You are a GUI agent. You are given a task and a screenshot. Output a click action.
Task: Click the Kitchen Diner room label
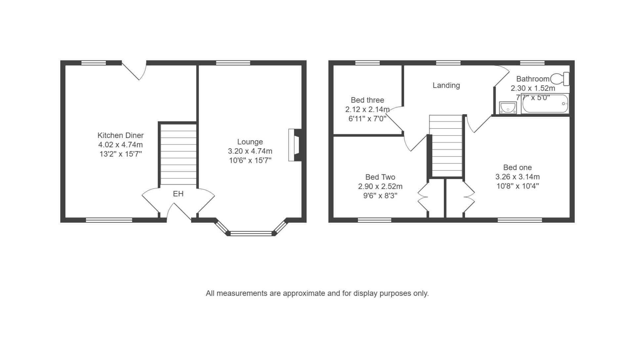[120, 135]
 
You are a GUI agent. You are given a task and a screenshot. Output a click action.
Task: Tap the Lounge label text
[250, 142]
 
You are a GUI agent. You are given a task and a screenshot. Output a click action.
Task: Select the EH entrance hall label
[178, 194]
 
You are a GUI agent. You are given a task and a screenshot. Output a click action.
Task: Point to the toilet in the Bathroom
[560, 79]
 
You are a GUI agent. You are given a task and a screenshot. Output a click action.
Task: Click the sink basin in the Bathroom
[508, 108]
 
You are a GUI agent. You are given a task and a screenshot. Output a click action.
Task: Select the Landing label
[446, 85]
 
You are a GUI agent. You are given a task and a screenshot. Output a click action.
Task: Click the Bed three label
[367, 100]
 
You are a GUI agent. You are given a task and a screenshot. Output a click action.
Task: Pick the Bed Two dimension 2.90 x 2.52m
[380, 187]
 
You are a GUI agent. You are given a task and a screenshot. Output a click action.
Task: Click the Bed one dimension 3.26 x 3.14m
[518, 177]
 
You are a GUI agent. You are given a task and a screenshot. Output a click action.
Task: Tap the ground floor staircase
[178, 154]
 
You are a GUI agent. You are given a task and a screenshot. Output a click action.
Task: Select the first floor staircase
[445, 146]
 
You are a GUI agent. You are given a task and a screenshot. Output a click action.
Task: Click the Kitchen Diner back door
[134, 70]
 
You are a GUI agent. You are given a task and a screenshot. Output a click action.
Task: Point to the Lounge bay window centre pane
[251, 233]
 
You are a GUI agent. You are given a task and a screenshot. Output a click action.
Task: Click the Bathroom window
[532, 63]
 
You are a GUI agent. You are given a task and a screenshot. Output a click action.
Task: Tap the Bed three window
[367, 63]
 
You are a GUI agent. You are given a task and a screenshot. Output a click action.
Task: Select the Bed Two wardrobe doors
[423, 198]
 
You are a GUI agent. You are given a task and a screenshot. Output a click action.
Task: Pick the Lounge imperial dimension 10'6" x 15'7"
[250, 160]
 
